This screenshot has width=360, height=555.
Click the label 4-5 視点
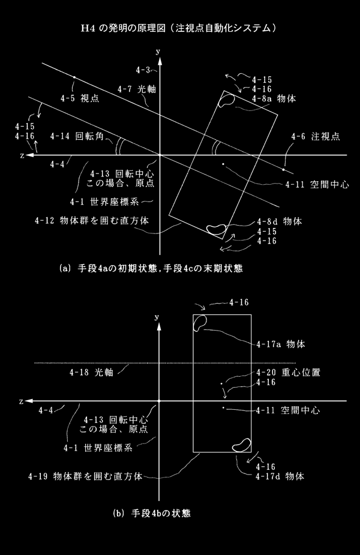click(80, 98)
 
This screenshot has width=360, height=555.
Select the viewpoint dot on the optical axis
click(74, 77)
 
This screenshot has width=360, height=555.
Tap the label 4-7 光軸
click(137, 89)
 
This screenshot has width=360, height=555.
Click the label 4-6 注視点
click(316, 137)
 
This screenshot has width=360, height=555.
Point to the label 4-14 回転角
click(77, 136)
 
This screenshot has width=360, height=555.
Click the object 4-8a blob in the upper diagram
click(227, 100)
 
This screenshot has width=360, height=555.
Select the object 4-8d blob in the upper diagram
click(216, 229)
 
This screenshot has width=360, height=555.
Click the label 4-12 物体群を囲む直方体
click(92, 221)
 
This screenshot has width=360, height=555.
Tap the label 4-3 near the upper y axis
click(143, 70)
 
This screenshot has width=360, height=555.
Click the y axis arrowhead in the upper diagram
click(160, 61)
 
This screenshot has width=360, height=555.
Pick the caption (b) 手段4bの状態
click(152, 513)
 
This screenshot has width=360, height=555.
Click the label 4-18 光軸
click(91, 373)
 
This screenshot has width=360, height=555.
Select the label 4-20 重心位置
click(288, 373)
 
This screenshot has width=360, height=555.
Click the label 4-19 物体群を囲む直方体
click(85, 476)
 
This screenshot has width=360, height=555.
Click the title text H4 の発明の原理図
click(123, 28)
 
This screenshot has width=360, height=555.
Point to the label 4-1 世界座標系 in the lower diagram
click(98, 448)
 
